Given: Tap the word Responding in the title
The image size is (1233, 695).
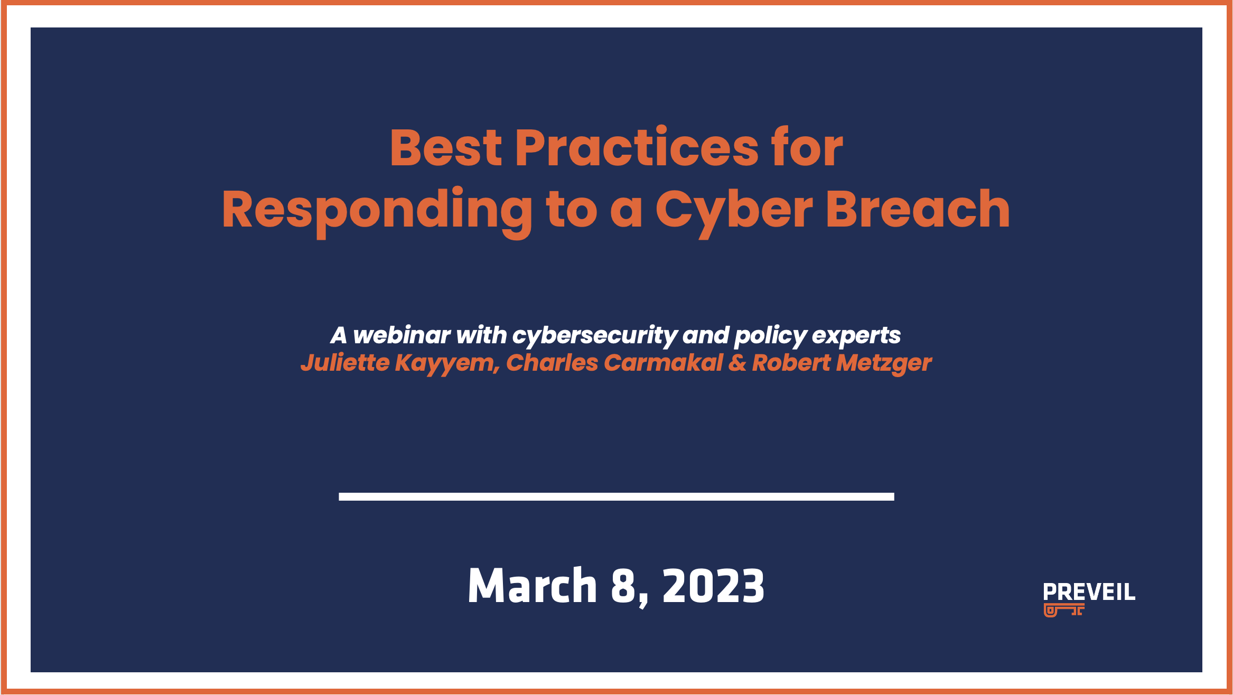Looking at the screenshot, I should (377, 210).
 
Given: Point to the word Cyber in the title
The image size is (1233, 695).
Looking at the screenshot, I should (734, 210).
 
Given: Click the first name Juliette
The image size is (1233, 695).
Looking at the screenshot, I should (345, 363).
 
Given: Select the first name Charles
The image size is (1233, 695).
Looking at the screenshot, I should (552, 363).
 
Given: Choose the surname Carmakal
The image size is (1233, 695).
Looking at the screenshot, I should (663, 363).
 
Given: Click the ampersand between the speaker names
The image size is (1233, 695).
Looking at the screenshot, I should (737, 363).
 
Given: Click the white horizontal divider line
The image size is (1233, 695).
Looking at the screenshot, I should (616, 496).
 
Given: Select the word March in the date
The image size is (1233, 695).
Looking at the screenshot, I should (532, 586).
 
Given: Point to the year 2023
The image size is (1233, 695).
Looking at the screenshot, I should (713, 586).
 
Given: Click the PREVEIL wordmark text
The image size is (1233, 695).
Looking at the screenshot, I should (1089, 592).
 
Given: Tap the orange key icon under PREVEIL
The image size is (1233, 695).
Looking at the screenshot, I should (1063, 610).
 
